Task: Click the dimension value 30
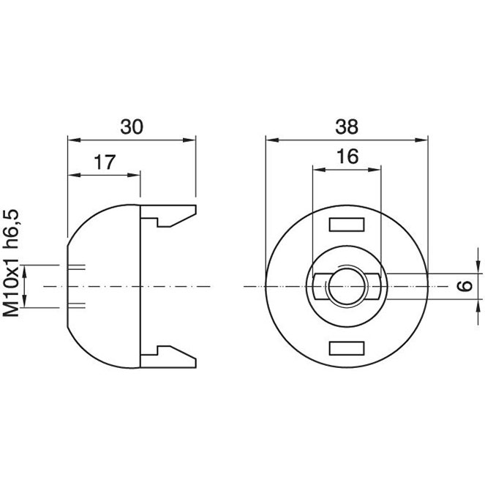coord(132,127)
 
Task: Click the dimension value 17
coord(105,162)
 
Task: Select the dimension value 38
coord(347,127)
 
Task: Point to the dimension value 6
coord(465,286)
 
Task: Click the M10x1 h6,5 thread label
coord(12,263)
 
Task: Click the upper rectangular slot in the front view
coord(347,225)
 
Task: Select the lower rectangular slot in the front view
coord(347,348)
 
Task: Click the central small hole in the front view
coord(347,287)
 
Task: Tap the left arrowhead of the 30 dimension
coord(74,140)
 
